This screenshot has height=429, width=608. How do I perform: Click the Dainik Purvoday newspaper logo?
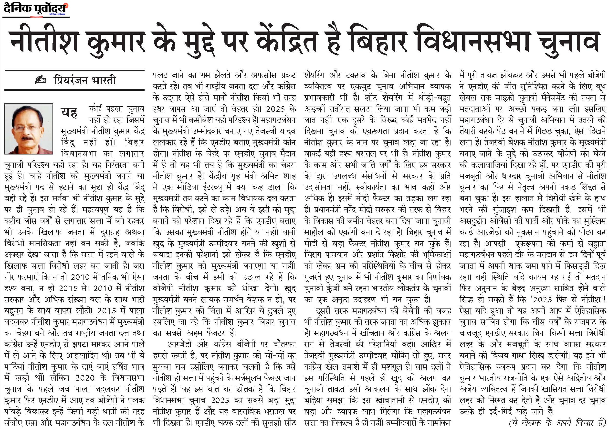pyautogui.click(x=36, y=9)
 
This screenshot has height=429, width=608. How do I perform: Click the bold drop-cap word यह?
pyautogui.click(x=69, y=112)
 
